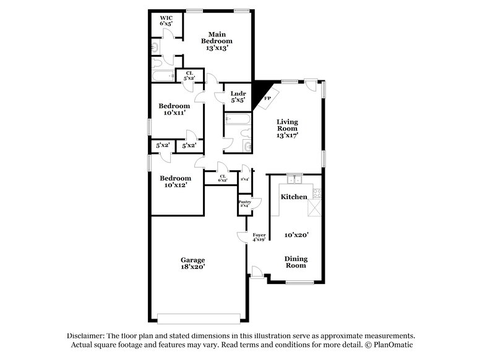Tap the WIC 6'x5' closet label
coord(165,20)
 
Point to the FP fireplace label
coord(267,98)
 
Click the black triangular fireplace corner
coord(259,90)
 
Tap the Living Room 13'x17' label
coord(288,128)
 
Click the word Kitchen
coord(293,196)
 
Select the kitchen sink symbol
coord(295,180)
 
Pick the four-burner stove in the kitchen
coord(317,192)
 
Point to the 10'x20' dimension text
coord(296,235)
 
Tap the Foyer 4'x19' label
coord(259,237)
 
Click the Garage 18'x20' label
coord(193,264)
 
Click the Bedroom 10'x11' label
coord(173,109)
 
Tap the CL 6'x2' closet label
coord(222,178)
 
